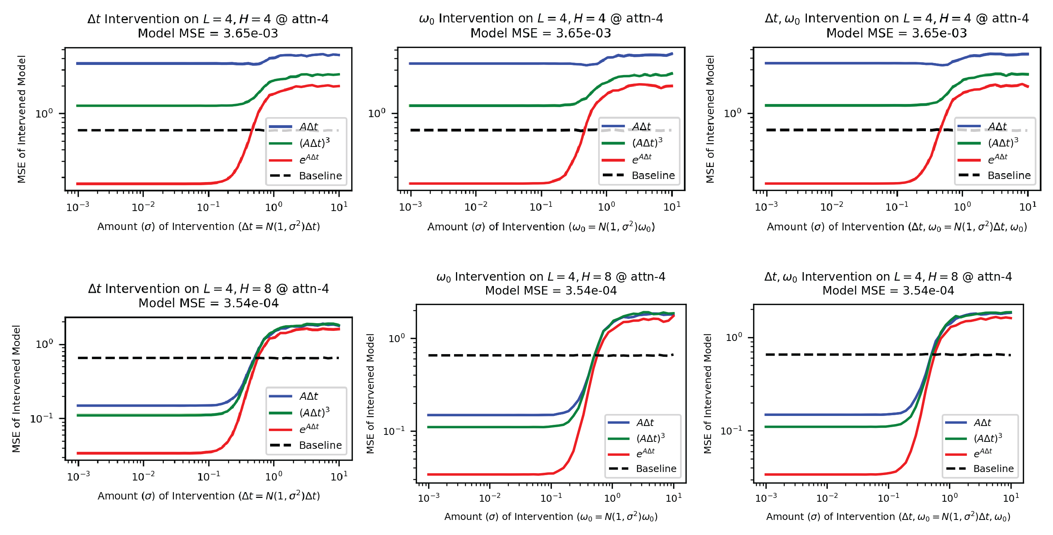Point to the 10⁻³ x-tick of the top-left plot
[x=78, y=206]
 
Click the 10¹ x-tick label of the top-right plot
[x=1027, y=206]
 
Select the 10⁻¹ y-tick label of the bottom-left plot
[x=42, y=418]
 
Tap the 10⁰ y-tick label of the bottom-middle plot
[x=396, y=338]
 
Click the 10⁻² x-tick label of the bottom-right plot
[x=827, y=498]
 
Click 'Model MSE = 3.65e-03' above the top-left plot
[x=208, y=33]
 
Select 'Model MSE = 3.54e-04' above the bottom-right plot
[x=888, y=290]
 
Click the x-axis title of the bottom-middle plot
[x=551, y=516]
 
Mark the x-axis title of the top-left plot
[x=208, y=226]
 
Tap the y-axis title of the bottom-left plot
[x=16, y=388]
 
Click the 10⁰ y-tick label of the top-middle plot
[x=376, y=113]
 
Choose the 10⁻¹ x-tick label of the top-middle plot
[x=541, y=206]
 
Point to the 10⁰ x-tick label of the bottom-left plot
[x=274, y=476]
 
